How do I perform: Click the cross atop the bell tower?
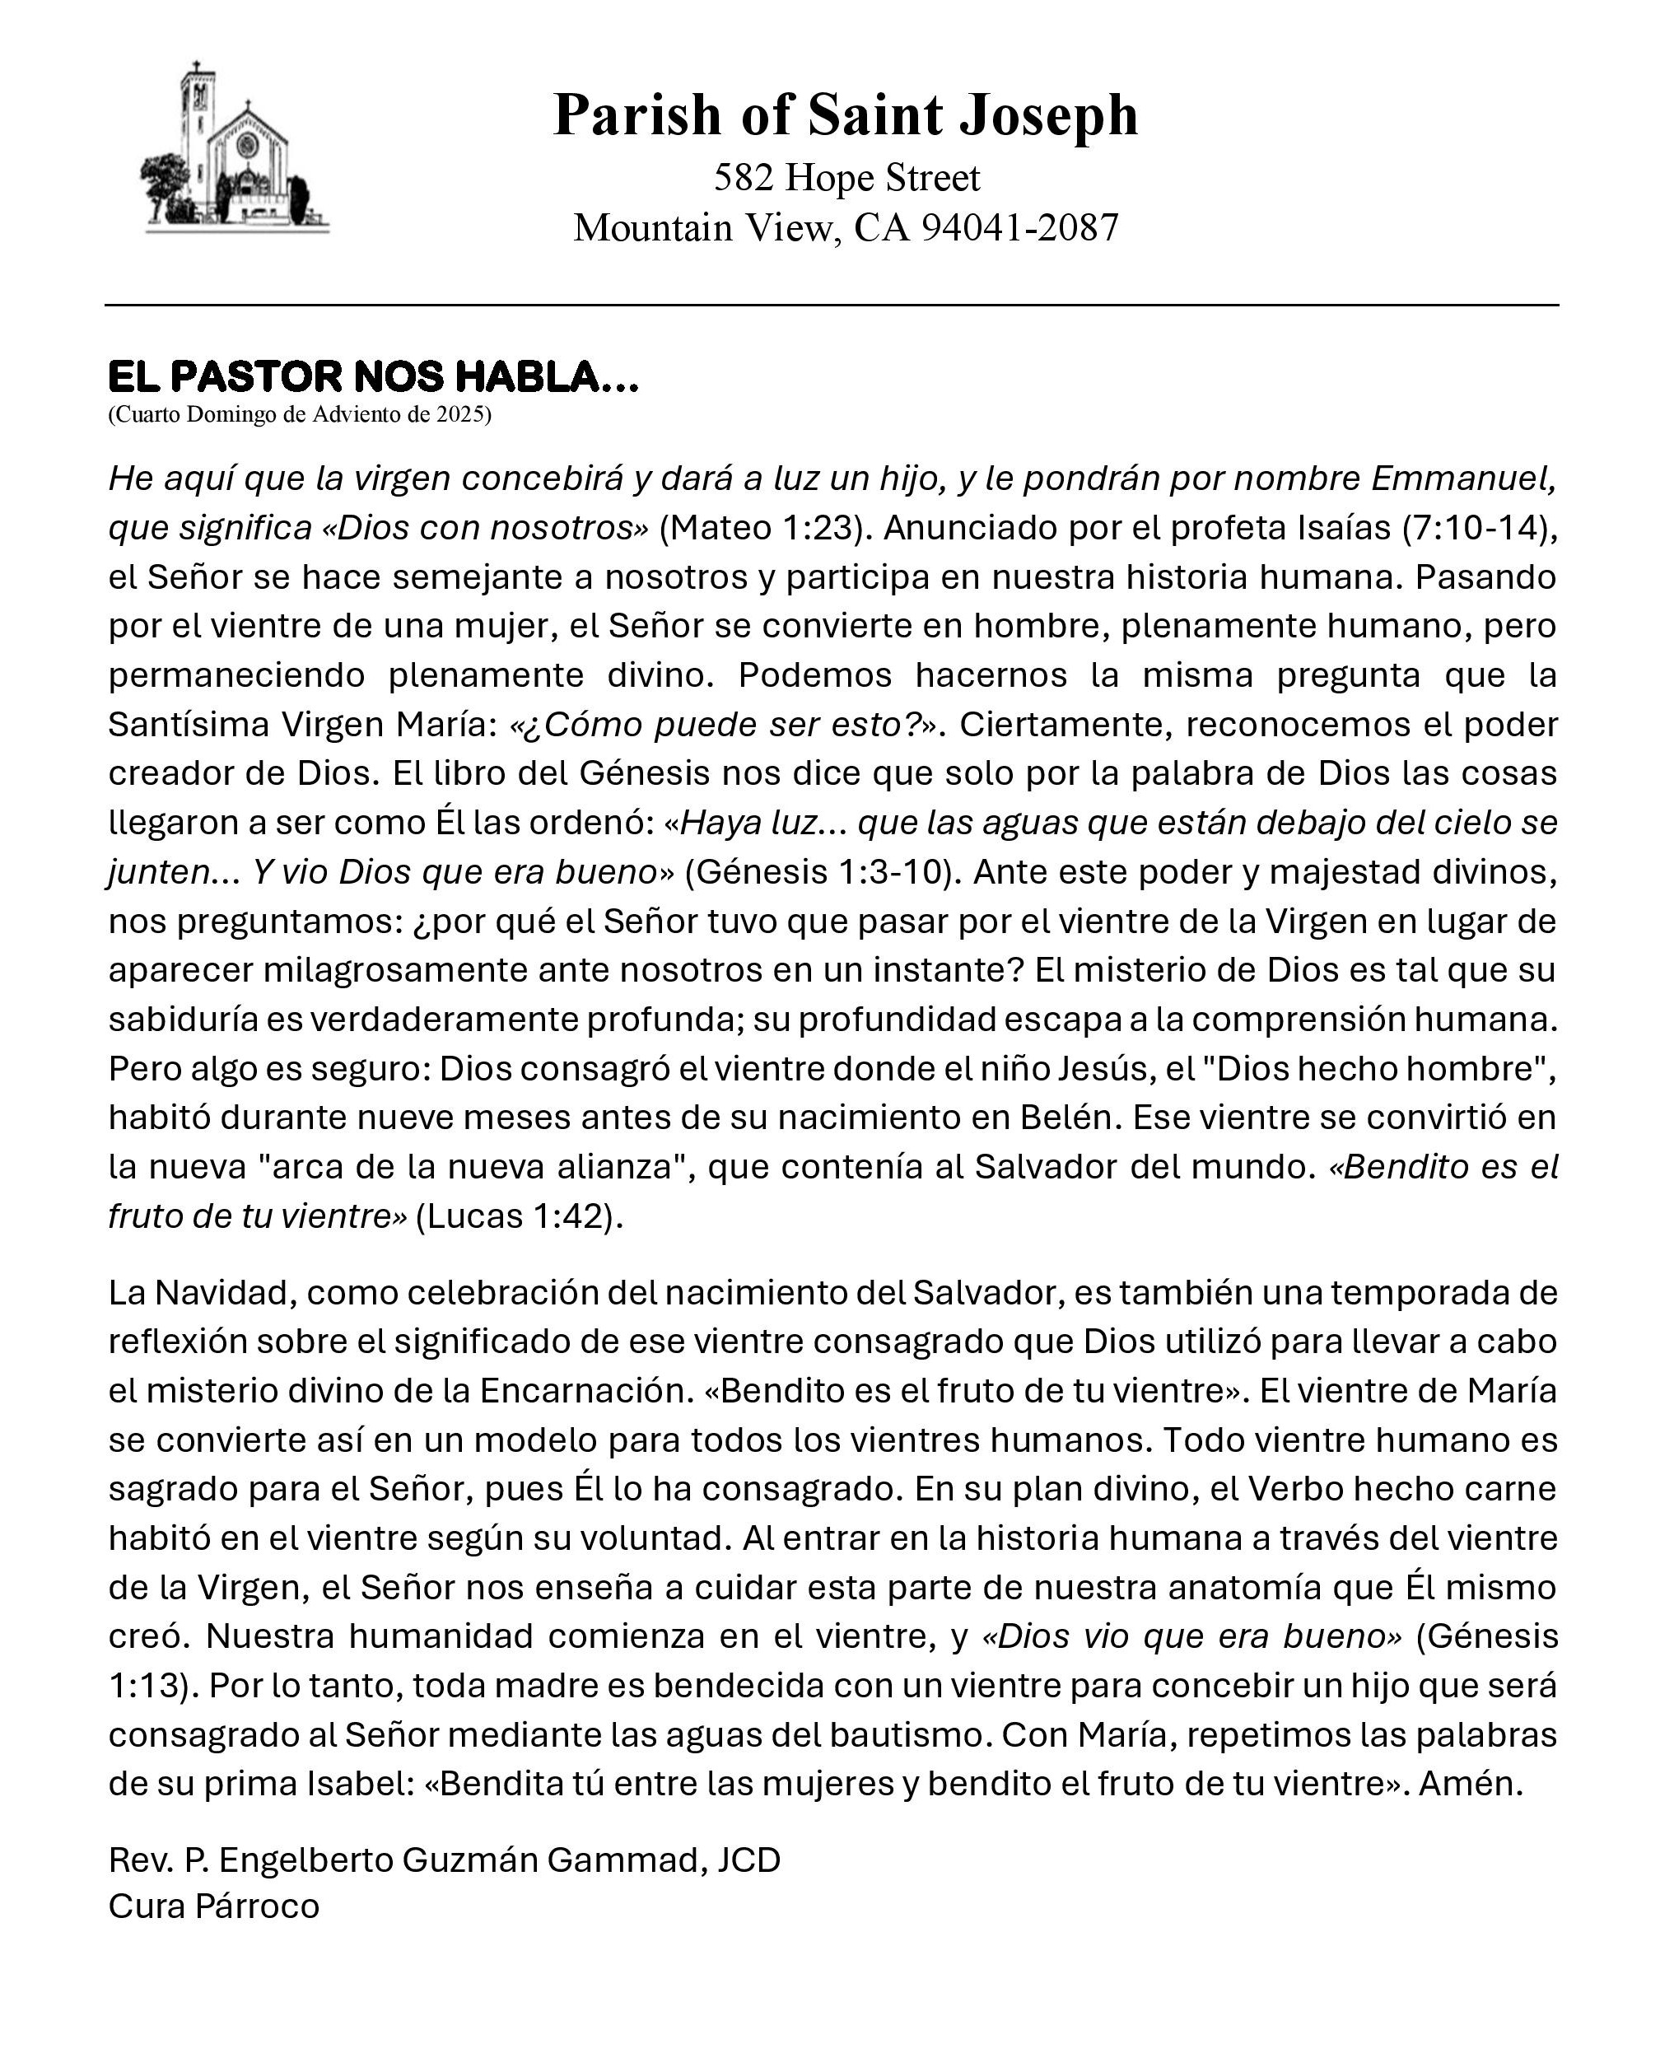196,68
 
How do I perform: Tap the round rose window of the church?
248,146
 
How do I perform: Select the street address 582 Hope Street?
846,177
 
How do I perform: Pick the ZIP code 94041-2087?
1019,227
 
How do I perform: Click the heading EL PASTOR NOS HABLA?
372,376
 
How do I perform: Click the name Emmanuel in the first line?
1461,478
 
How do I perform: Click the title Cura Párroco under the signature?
213,1906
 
